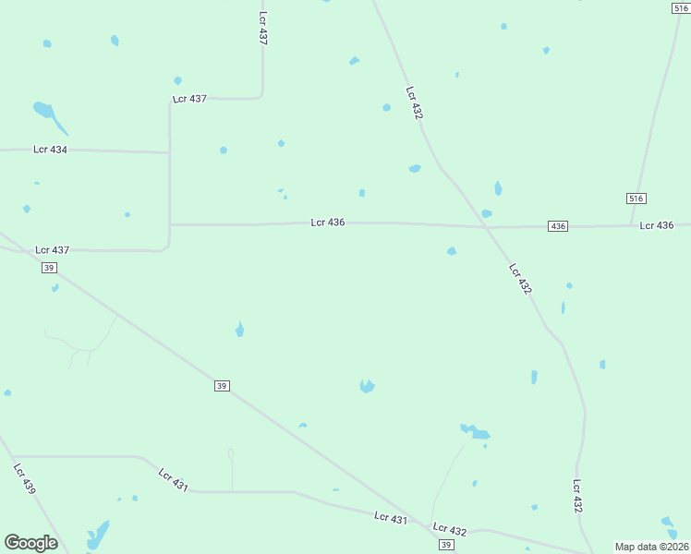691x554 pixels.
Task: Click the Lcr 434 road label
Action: (50, 149)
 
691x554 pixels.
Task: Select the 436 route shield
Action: (557, 226)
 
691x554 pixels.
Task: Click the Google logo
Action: (30, 543)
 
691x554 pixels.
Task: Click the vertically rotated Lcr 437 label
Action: (262, 30)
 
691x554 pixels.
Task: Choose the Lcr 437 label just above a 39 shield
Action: (53, 250)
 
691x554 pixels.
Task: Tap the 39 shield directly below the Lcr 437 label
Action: (50, 268)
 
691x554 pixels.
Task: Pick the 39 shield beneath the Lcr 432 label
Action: (446, 546)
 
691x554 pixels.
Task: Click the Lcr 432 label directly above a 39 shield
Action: (450, 529)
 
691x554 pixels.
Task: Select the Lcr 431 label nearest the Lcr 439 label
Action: (173, 479)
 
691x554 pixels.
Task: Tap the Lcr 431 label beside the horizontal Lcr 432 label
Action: (391, 519)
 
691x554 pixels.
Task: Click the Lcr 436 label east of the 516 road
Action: (657, 225)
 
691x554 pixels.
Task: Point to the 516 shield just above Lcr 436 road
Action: (636, 199)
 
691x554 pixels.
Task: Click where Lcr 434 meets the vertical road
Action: (169, 152)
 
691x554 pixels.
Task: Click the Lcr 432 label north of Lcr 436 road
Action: (414, 102)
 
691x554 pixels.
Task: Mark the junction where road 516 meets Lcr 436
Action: (632, 225)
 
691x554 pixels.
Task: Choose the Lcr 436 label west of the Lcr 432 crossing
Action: (328, 223)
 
